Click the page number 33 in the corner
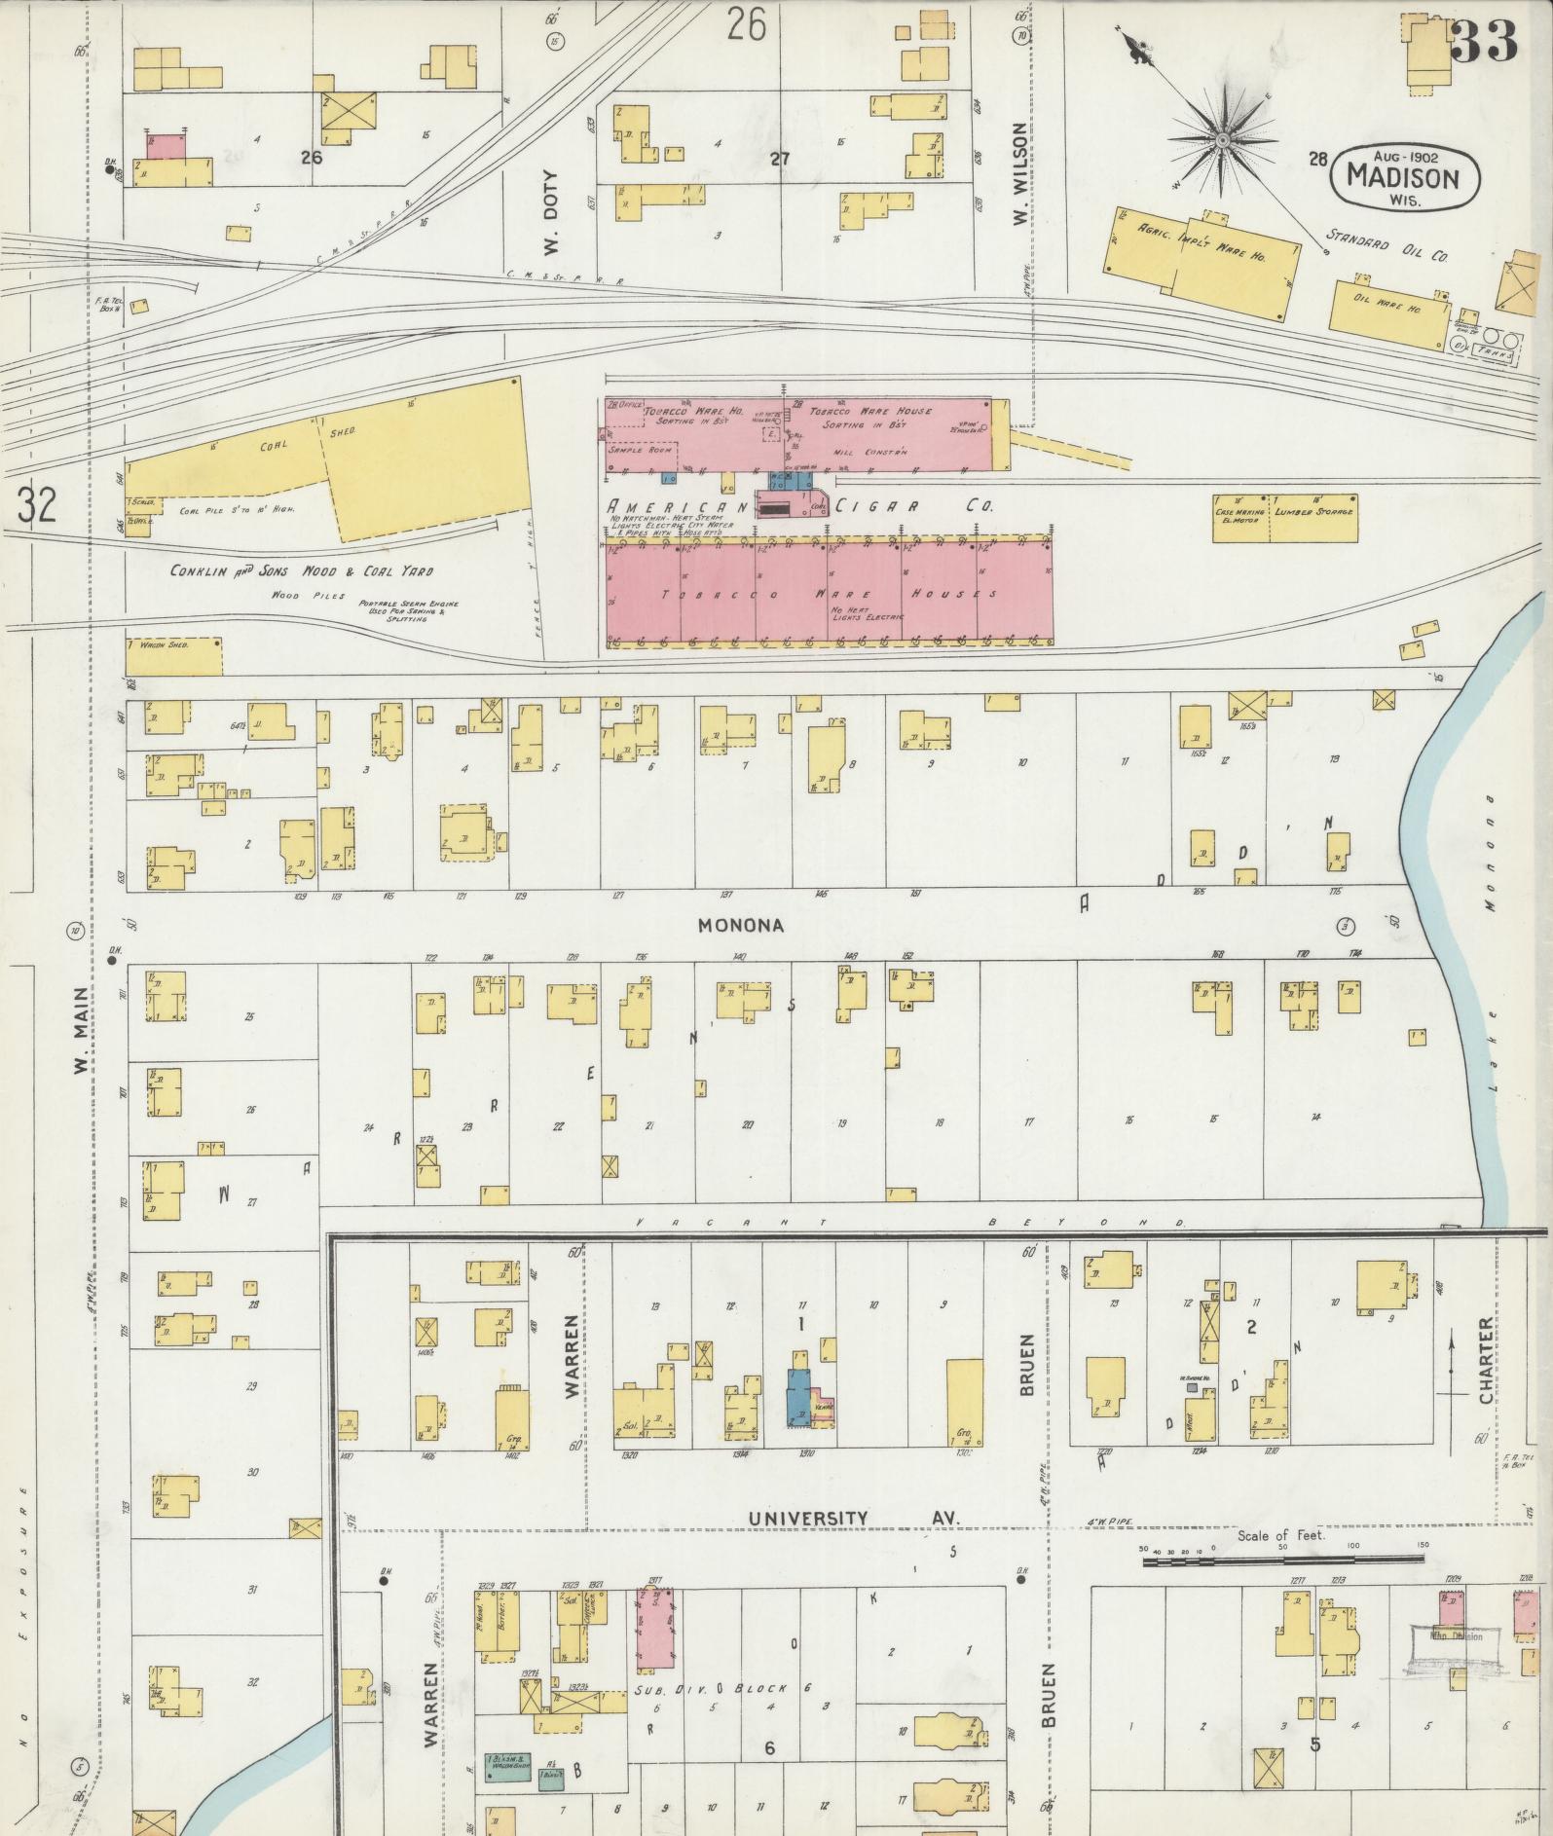(1483, 41)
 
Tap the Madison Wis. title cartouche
(1403, 176)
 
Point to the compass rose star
(1220, 141)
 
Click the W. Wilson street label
(1019, 173)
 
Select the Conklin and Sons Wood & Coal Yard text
(301, 571)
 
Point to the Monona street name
(740, 925)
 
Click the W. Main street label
(79, 1032)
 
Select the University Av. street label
(853, 1519)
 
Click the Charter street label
(1486, 1362)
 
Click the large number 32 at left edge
(35, 504)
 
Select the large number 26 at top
(746, 24)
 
